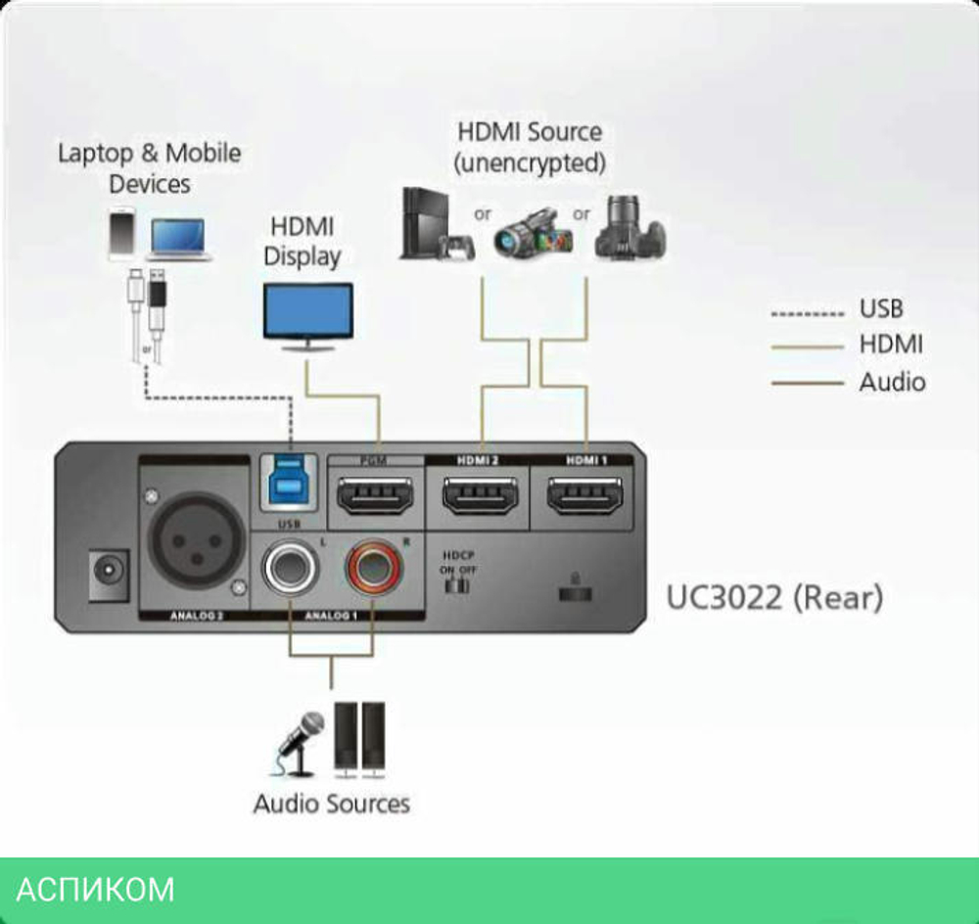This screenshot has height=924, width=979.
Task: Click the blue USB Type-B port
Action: coord(290,481)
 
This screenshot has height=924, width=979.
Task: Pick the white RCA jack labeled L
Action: coord(290,569)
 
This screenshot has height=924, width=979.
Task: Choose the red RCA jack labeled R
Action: coord(373,569)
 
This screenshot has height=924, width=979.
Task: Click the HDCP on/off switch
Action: coord(455,585)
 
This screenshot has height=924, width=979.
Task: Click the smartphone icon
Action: coord(122,234)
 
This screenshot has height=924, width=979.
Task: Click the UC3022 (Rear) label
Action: coord(774,597)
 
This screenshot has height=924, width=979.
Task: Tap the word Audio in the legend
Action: coord(892,382)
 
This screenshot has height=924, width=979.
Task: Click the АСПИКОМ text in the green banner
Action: coord(96,890)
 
